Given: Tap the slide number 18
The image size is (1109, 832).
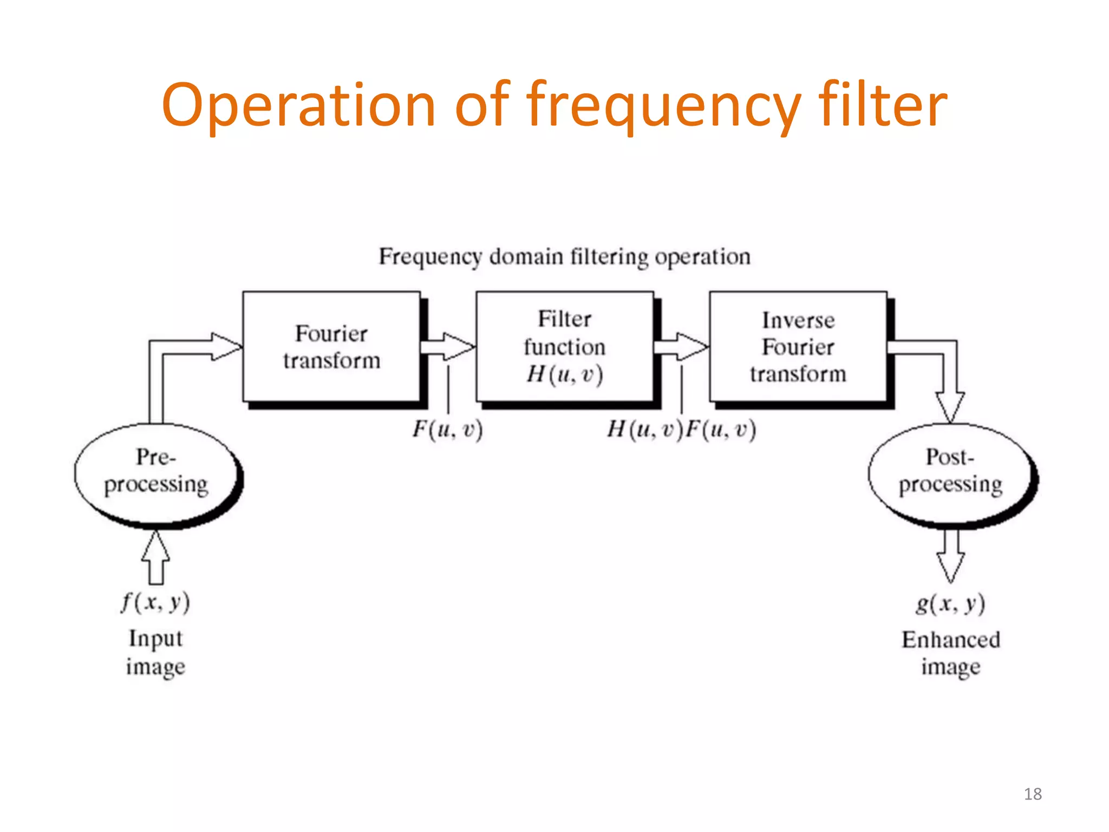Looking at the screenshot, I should (1033, 794).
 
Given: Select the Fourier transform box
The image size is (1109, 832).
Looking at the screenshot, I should (331, 347).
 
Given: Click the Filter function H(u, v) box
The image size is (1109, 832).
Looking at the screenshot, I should (565, 347).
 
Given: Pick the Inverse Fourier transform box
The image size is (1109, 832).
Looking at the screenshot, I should (798, 347).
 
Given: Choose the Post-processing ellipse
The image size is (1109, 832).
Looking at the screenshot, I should (951, 472).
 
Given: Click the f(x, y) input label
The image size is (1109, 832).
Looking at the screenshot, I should (155, 602).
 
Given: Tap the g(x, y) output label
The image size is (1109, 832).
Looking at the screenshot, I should (950, 603).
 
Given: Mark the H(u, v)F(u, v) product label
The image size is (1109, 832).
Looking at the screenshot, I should (681, 430).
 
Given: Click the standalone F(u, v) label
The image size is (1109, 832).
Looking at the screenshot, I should (447, 430).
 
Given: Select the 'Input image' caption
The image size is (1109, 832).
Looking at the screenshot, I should (155, 653).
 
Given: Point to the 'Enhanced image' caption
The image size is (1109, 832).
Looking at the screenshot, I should (951, 653).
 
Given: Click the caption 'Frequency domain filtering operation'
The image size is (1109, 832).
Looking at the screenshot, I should (564, 257).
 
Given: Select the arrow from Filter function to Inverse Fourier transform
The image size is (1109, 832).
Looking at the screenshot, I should (681, 347).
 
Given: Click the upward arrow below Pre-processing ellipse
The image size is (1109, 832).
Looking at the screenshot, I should (156, 558).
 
